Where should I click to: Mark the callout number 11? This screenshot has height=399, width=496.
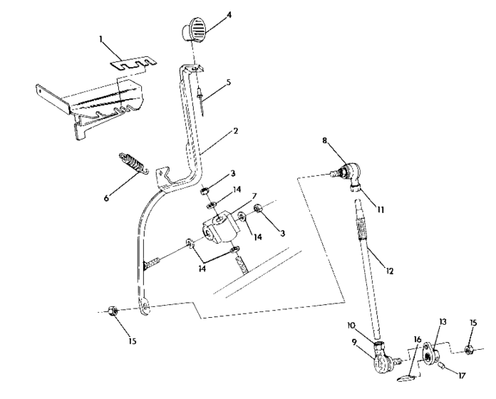pos(380,211)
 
